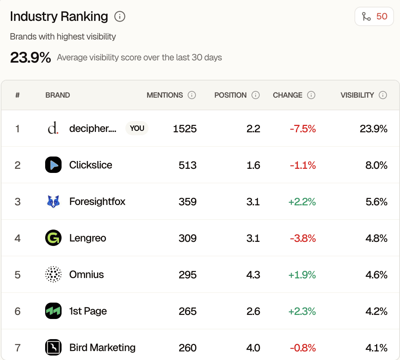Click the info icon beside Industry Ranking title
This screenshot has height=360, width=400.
pos(120,17)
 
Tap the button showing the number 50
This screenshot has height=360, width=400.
pos(374,16)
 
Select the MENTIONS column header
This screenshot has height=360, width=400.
pos(165,95)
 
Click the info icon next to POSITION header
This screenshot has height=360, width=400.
pos(256,95)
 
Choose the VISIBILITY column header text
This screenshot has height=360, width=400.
pos(357,95)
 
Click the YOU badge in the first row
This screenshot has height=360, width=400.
pos(137,128)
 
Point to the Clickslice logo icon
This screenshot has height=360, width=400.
pos(53,165)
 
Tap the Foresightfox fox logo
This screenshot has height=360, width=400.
pos(53,201)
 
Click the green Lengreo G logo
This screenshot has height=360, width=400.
pos(53,238)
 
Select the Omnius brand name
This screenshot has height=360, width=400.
pos(87,275)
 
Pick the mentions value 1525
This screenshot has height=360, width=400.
pos(185,129)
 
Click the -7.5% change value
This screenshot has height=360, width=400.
pos(303,129)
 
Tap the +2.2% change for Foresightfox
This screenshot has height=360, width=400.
pos(302,202)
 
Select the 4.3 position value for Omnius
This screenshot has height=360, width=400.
pos(253,275)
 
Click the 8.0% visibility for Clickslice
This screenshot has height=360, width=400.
pos(376,165)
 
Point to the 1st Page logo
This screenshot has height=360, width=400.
pos(53,311)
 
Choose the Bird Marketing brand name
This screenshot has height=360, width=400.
pos(102,347)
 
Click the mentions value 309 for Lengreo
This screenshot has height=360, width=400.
pos(187,238)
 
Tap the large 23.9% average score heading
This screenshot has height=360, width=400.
pos(30,58)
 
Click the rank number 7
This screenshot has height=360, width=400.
pos(18,348)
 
